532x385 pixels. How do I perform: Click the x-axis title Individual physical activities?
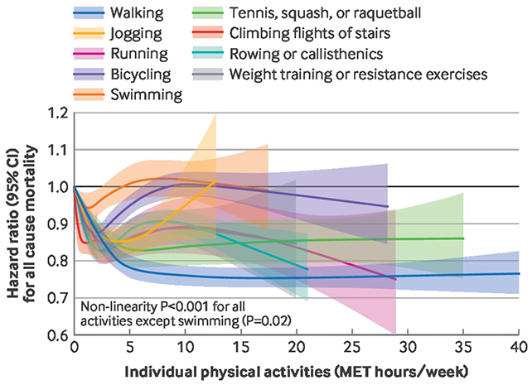click(295, 370)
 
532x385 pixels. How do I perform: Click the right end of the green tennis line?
click(463, 238)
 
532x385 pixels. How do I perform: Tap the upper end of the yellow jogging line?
click(215, 180)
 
